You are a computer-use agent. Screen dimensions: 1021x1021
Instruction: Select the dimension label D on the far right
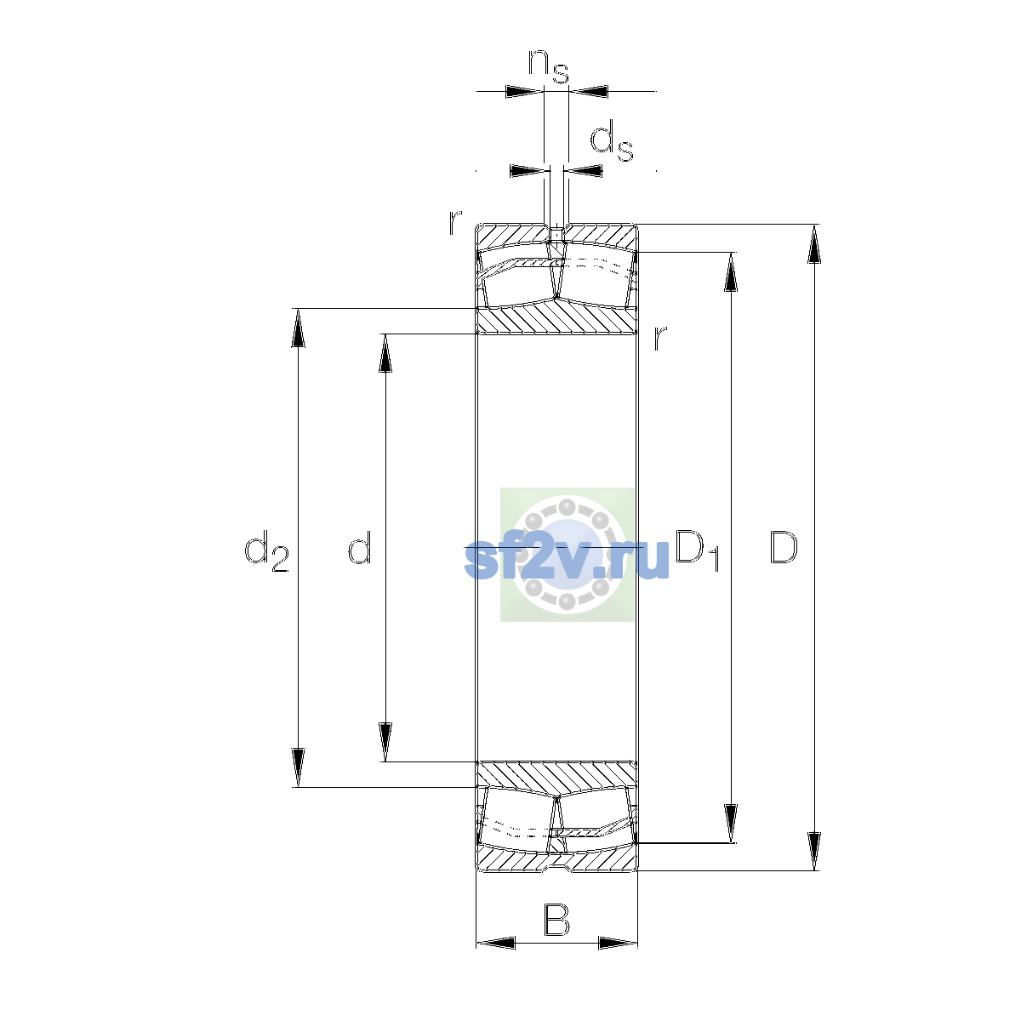783,547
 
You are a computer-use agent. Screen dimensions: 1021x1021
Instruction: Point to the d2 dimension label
266,551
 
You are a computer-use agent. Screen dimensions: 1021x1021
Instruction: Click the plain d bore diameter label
360,547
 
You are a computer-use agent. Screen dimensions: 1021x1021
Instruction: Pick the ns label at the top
549,66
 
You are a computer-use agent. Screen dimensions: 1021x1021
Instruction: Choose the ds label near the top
612,140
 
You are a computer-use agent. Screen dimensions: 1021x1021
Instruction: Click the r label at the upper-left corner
455,222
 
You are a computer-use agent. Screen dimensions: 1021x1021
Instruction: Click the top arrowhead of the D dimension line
814,243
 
